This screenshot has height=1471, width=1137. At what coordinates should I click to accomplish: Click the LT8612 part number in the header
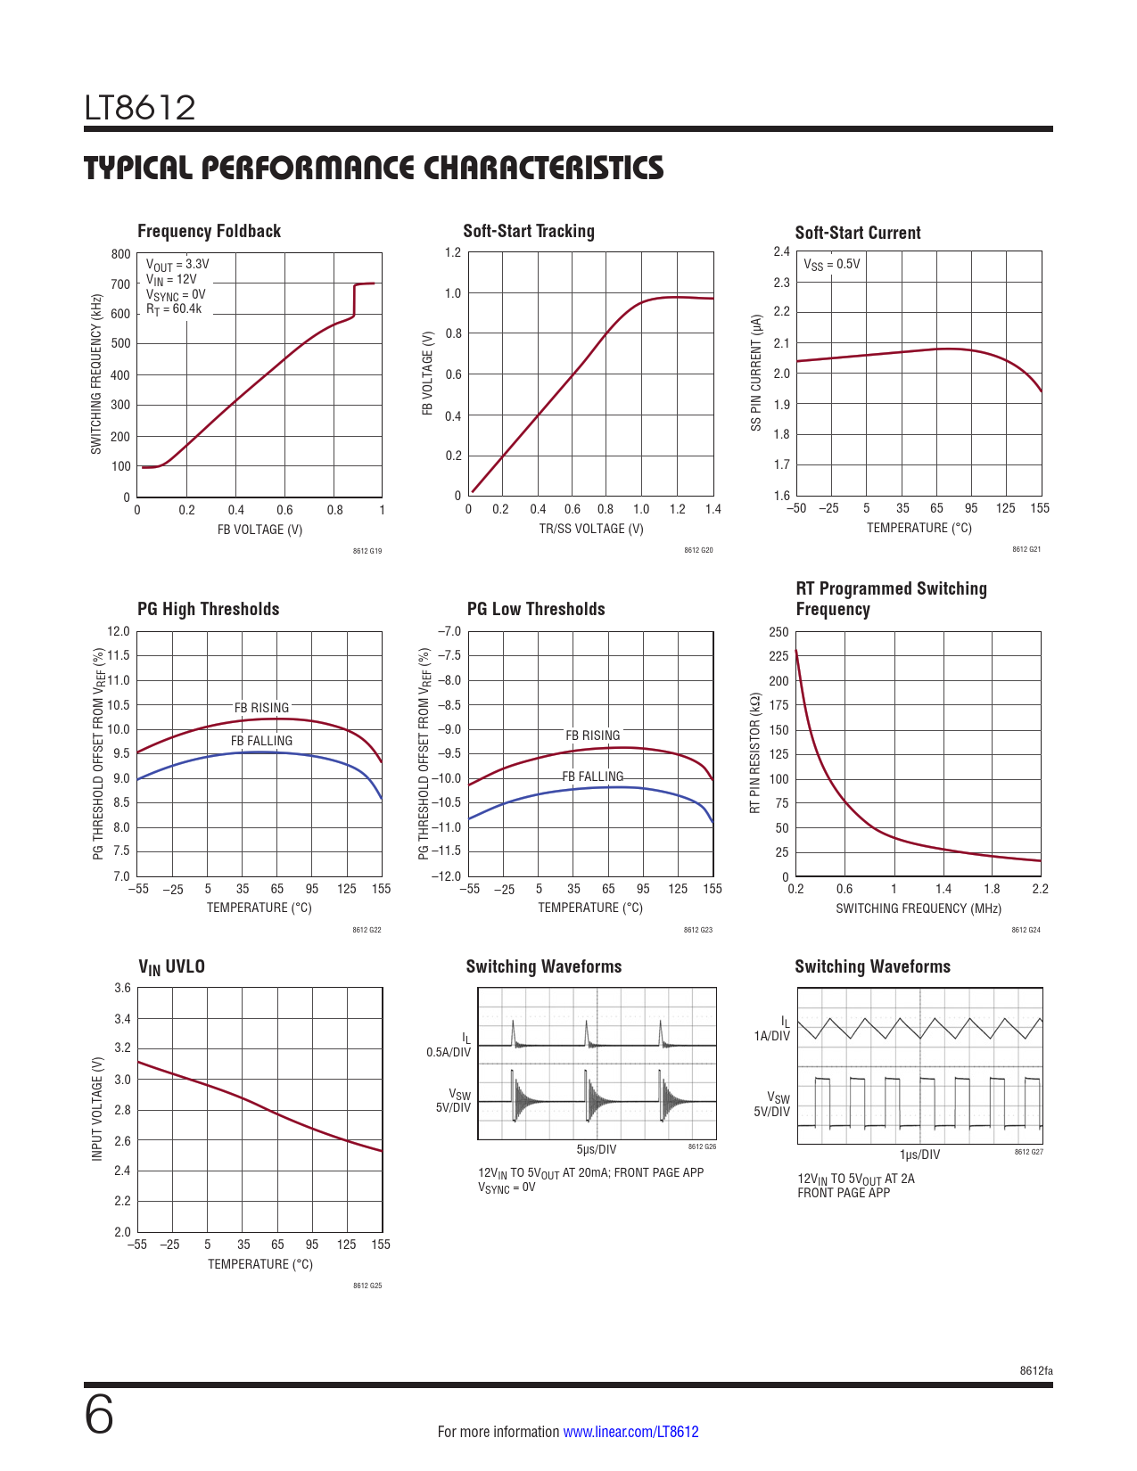coord(140,108)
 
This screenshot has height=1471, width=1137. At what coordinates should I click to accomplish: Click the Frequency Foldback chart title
coord(209,231)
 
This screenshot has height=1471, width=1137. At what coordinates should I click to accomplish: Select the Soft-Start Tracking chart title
coord(528,231)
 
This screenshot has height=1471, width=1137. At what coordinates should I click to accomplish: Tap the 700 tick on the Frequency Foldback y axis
coord(120,284)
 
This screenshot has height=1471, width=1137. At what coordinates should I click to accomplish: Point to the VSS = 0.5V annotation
coord(832,264)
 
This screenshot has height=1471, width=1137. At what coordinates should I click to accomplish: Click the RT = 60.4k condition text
coord(174,309)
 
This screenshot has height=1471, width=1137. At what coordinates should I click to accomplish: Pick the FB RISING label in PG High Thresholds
coord(261,708)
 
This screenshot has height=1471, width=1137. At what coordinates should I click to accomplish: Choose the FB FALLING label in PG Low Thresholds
coord(592,777)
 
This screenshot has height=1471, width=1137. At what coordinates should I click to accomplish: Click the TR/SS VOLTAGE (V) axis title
coord(590,529)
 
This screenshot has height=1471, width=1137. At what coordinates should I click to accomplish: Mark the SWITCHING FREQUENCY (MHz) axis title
coord(918,908)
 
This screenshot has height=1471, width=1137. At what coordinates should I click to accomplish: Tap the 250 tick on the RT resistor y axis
coord(779,632)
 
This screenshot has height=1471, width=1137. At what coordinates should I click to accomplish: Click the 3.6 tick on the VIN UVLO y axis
coord(122,988)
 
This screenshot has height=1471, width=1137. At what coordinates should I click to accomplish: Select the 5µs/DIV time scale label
coord(596,1149)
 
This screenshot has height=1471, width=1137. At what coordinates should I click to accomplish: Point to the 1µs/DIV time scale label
coord(919,1155)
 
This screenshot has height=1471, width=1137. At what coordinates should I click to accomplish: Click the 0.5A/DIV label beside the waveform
coord(448,1052)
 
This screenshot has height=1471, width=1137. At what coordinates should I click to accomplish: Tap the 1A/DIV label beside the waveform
coord(771,1036)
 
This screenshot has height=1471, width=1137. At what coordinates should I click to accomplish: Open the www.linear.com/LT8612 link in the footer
coord(630,1432)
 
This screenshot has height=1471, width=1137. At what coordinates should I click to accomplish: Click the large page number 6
coord(99,1415)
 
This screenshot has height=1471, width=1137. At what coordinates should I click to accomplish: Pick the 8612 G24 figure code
coord(1026,930)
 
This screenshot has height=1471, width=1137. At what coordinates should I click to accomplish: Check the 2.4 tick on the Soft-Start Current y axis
coord(781,251)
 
